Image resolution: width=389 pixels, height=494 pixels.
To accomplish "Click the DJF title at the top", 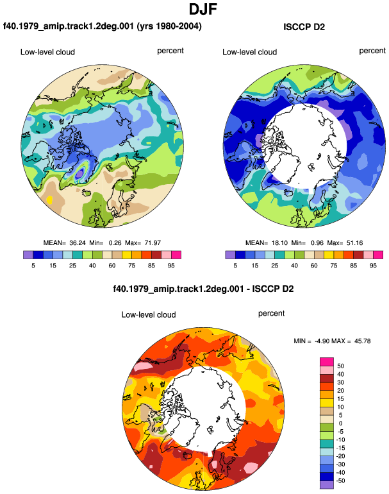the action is [203, 10].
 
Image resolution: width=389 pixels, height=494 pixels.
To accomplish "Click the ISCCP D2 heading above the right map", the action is [304, 27].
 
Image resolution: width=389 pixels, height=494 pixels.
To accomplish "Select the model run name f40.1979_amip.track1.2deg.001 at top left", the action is [69, 26].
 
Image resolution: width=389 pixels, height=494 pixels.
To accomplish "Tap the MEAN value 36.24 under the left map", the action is [77, 243].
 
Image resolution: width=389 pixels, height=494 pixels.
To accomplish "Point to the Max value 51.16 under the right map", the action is [354, 243].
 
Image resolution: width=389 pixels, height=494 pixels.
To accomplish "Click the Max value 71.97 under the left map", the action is [153, 243].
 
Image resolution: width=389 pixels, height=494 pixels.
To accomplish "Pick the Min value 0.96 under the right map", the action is [317, 243].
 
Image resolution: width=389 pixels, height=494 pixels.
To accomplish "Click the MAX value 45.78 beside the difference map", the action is [362, 341].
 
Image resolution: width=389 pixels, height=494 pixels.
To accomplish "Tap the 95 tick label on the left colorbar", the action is [171, 266].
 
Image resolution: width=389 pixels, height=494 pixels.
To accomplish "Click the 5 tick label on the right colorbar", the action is [235, 266].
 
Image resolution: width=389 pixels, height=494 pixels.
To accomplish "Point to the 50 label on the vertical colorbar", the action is [340, 366].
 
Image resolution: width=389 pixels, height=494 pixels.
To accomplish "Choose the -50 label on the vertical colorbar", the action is [340, 481].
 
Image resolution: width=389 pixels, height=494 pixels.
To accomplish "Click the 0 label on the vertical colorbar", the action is [340, 423].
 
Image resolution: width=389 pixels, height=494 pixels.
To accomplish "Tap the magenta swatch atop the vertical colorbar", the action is [326, 362].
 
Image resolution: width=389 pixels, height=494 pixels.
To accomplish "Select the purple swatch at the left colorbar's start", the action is [28, 255].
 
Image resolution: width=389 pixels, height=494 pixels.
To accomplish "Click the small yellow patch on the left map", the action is [49, 200].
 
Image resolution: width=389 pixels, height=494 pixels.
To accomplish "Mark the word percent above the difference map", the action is [271, 314].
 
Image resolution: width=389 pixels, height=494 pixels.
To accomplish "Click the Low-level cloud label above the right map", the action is [249, 52].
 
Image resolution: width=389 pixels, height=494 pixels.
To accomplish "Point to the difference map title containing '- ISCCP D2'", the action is [203, 289].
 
